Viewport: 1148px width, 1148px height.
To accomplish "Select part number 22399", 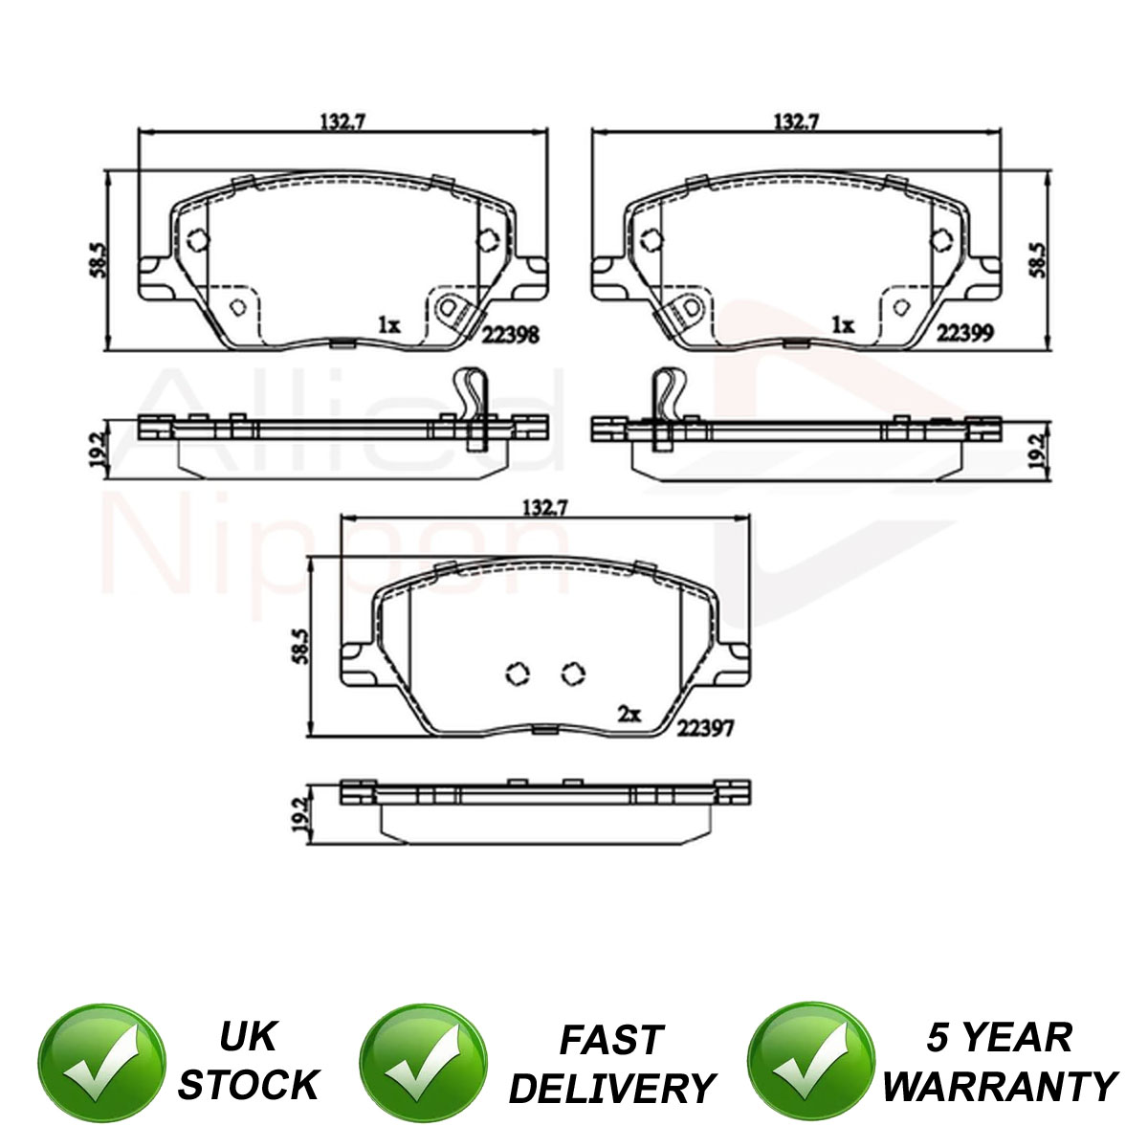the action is pos(965,332).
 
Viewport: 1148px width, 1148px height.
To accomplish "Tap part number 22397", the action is pos(705,727).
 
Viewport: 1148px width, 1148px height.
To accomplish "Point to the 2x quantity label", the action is pos(629,715).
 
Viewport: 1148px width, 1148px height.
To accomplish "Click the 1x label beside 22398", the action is pos(389,325).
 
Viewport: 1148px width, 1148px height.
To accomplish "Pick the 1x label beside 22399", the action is pos(844,324).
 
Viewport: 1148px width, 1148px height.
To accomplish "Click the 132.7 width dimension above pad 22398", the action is pos(342,121).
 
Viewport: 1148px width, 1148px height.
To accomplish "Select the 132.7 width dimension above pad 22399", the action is pos(797,121).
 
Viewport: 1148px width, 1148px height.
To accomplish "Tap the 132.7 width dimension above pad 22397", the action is pos(544,508).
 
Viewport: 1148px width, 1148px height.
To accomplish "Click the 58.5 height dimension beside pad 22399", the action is pos(1038,260).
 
